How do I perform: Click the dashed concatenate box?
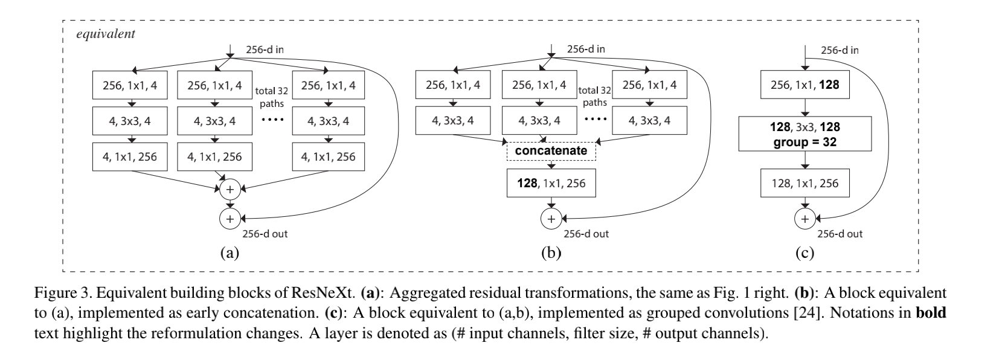pyautogui.click(x=551, y=150)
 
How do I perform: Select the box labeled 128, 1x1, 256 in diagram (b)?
pyautogui.click(x=551, y=183)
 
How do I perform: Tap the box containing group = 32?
pyautogui.click(x=805, y=135)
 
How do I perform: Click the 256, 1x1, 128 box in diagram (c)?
pyautogui.click(x=805, y=85)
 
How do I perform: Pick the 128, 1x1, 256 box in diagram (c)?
pyautogui.click(x=805, y=183)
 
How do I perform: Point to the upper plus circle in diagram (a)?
pyautogui.click(x=230, y=190)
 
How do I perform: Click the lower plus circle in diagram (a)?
pyautogui.click(x=230, y=219)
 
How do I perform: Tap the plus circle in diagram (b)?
pyautogui.click(x=551, y=219)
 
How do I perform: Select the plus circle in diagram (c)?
pyautogui.click(x=805, y=219)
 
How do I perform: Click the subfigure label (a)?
pyautogui.click(x=230, y=252)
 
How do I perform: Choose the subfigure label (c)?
pyautogui.click(x=805, y=252)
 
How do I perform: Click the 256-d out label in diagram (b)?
pyautogui.click(x=586, y=234)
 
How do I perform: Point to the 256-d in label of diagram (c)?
pyautogui.click(x=840, y=51)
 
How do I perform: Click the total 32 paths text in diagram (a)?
pyautogui.click(x=272, y=97)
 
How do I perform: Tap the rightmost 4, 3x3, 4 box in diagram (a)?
pyautogui.click(x=328, y=121)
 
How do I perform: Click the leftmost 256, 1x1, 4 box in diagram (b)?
pyautogui.click(x=453, y=85)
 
